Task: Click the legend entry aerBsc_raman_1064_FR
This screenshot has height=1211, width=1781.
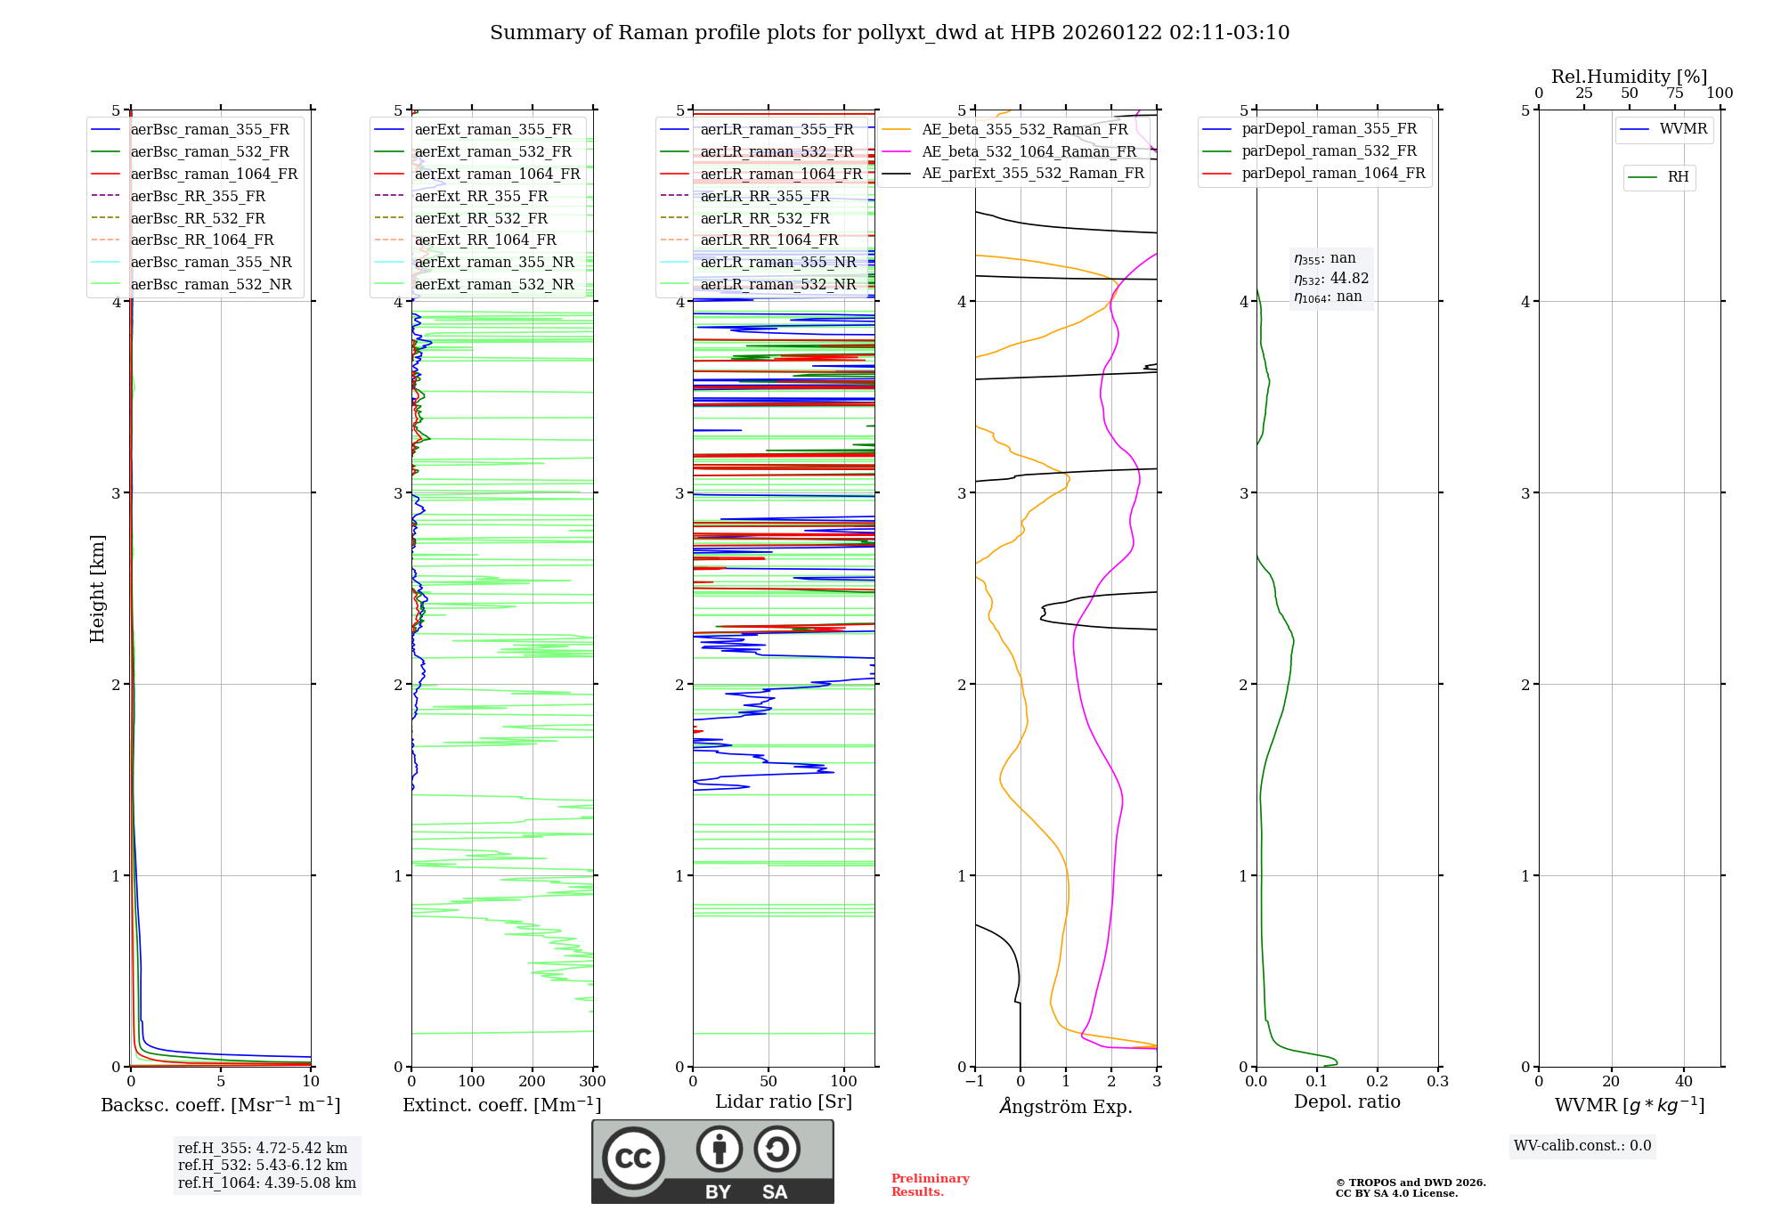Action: pos(214,175)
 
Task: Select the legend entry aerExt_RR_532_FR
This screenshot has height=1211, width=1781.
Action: pos(481,218)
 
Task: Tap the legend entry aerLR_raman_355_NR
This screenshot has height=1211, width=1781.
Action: pos(777,262)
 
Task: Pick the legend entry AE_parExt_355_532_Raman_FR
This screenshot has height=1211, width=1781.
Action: pos(1032,174)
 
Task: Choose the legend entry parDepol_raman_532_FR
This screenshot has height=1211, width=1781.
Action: pos(1329,151)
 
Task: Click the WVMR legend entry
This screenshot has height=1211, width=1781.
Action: pos(1683,129)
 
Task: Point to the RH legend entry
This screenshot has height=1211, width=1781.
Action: pos(1678,177)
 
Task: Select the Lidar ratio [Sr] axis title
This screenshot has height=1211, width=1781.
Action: pos(784,1101)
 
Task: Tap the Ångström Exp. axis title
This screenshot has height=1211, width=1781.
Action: pos(1066,1107)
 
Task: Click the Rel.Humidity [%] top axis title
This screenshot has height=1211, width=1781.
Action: pos(1629,77)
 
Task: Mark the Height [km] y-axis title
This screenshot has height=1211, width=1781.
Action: pos(97,589)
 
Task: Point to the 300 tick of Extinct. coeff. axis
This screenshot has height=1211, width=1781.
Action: pos(593,1082)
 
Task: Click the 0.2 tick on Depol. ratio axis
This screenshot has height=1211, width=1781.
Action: pos(1378,1082)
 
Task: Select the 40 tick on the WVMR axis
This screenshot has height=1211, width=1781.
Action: pos(1684,1082)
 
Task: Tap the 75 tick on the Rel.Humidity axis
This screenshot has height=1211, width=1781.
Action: pos(1675,93)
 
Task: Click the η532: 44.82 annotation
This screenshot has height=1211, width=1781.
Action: pos(1331,279)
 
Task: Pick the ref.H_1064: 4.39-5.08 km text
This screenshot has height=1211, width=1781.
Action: pos(267,1183)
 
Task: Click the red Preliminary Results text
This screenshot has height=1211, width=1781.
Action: pos(930,1185)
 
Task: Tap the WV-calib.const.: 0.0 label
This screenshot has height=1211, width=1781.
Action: pos(1582,1146)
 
